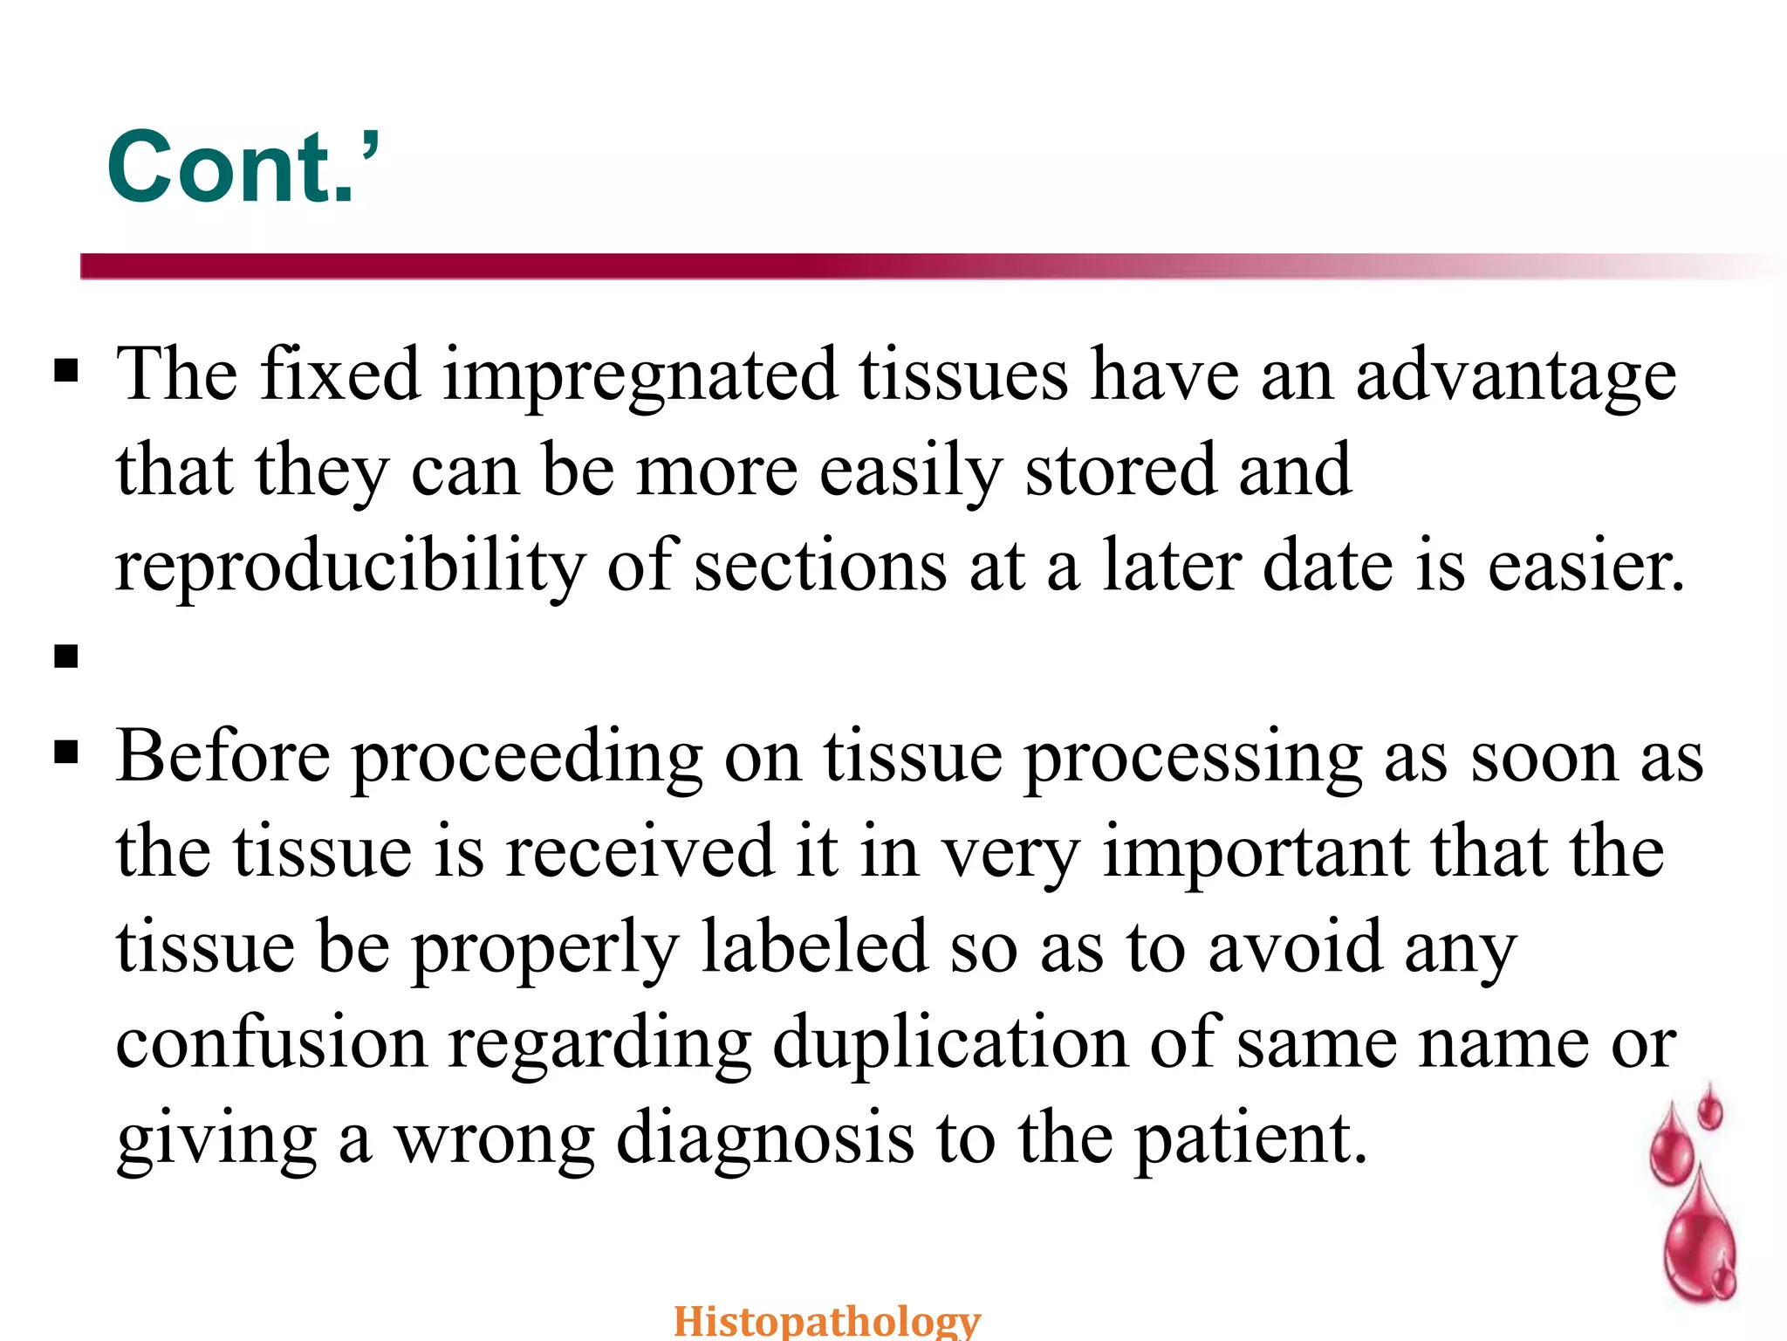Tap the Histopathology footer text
tap(826, 1320)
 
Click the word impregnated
tap(640, 375)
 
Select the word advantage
tap(1515, 375)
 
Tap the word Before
tap(223, 756)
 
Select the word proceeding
tap(526, 758)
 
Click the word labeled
tap(814, 947)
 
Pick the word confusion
tap(271, 1043)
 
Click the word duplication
tap(949, 1043)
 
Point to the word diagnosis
tap(765, 1139)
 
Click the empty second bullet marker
tap(66, 656)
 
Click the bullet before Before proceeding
tap(66, 752)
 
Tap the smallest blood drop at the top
tap(1710, 1111)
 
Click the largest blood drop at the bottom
tap(1697, 1240)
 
